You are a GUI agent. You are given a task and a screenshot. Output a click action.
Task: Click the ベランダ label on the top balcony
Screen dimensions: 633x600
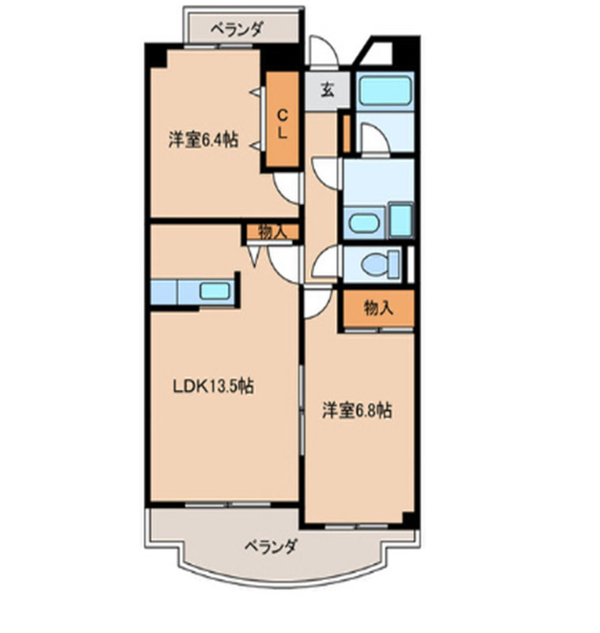click(x=235, y=30)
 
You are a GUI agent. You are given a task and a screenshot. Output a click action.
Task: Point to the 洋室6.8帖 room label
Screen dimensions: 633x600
click(x=356, y=410)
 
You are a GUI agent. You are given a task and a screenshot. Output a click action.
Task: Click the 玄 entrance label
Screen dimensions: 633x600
click(x=326, y=89)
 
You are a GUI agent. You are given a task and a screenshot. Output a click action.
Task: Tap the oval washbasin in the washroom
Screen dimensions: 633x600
click(x=364, y=222)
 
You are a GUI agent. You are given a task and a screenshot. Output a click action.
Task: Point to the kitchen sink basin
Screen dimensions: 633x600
click(x=215, y=290)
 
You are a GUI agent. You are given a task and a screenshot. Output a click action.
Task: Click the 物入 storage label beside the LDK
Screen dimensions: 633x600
click(x=271, y=231)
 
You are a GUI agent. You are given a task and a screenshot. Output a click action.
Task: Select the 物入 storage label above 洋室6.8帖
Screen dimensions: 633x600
click(x=378, y=309)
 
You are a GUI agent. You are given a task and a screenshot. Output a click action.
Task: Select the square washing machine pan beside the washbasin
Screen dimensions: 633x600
click(x=401, y=218)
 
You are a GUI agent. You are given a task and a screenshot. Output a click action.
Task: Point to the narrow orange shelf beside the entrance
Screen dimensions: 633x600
click(x=346, y=133)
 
